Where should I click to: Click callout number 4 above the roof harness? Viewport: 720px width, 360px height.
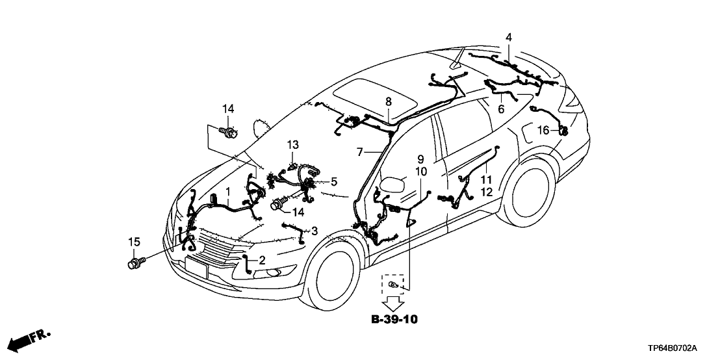coord(509,36)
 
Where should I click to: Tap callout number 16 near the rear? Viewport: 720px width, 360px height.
coord(543,131)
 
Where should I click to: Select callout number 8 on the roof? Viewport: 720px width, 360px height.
coord(388,101)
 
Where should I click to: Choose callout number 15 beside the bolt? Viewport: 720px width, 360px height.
coord(134,242)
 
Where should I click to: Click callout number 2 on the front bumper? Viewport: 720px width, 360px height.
coord(262,260)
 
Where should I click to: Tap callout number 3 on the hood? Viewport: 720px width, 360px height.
coord(315,230)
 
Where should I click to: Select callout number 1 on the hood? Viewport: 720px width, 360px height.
coord(227,192)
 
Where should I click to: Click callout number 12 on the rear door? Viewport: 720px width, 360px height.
coord(485,192)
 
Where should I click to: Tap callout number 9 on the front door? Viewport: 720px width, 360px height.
coord(420,159)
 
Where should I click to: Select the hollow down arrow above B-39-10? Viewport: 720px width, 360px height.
coord(392,302)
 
